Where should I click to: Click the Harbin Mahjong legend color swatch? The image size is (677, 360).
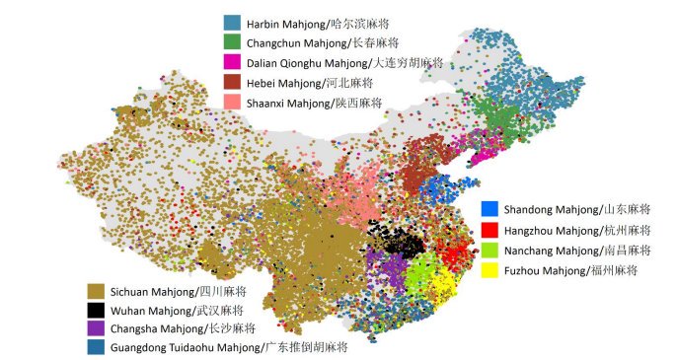233,22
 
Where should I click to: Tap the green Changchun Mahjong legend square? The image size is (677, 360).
233,42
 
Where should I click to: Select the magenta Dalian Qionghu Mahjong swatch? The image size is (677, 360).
233,62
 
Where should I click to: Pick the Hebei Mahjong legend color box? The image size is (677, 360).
233,83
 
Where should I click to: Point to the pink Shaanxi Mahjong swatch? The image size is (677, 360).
233,104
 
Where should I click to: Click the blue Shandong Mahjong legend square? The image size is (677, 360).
489,209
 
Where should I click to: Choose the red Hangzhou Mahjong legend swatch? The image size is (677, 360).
489,229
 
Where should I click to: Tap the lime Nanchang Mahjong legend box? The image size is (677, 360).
489,250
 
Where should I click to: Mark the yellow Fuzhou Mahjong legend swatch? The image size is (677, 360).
489,270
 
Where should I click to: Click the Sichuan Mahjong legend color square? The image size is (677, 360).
96,291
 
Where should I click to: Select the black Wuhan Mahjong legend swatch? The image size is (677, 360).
96,310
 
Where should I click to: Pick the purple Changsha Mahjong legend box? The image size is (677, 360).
96,328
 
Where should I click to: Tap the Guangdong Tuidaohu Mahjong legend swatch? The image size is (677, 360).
96,347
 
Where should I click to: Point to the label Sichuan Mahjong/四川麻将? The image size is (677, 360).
178,291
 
